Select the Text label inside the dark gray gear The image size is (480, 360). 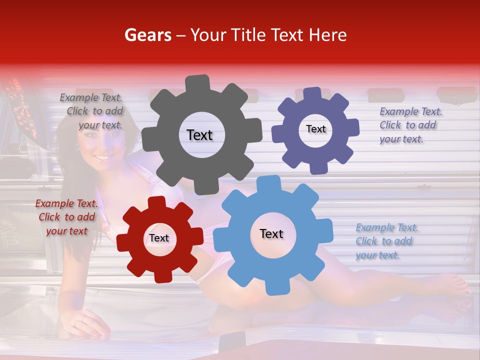[x=199, y=135]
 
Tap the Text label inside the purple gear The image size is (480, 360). [x=315, y=129]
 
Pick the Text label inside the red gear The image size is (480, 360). [x=159, y=238]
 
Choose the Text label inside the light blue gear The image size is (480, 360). [x=271, y=233]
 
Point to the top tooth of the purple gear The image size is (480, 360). [x=313, y=94]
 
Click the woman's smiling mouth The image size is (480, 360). [x=103, y=158]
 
